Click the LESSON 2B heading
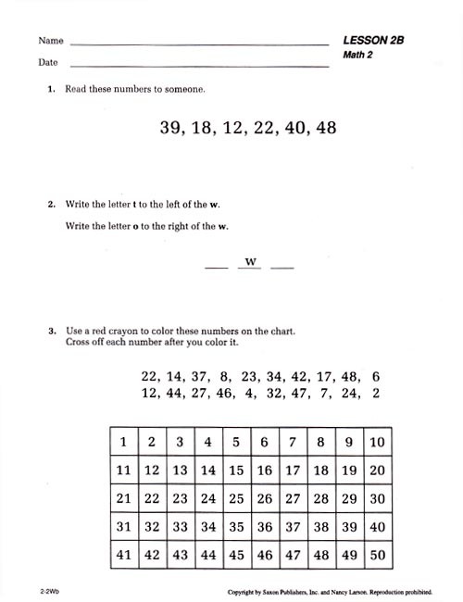pyautogui.click(x=374, y=41)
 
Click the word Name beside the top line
pyautogui.click(x=51, y=41)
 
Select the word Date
pyautogui.click(x=48, y=63)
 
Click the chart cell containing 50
pyautogui.click(x=377, y=555)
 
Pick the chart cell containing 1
pyautogui.click(x=123, y=442)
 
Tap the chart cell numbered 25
pyautogui.click(x=236, y=498)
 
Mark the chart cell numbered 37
pyautogui.click(x=293, y=526)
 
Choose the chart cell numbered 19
pyautogui.click(x=349, y=470)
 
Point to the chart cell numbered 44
pyautogui.click(x=208, y=555)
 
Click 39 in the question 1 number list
pyautogui.click(x=172, y=129)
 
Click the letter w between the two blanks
pyautogui.click(x=250, y=262)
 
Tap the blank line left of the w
pyautogui.click(x=215, y=268)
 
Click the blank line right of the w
pyautogui.click(x=282, y=268)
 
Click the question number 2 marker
pyautogui.click(x=52, y=205)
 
